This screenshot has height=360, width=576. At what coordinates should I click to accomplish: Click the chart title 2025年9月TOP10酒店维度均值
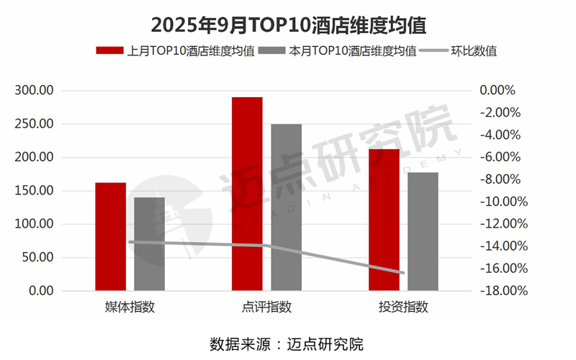pos(288,24)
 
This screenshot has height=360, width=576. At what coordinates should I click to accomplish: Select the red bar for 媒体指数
pos(110,237)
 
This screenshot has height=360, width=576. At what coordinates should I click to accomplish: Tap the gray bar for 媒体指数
pos(149,244)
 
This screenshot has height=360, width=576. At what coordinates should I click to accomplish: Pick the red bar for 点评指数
pos(247,194)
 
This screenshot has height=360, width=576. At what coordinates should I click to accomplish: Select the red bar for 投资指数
pos(384,220)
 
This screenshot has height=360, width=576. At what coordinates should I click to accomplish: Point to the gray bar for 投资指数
pos(423,231)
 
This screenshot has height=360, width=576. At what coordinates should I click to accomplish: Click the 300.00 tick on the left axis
pos(35,91)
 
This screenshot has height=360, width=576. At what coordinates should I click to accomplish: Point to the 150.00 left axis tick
pos(35,191)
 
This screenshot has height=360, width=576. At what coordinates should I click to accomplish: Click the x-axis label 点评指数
pos(266,308)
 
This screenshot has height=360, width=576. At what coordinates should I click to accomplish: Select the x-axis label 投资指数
pos(403,308)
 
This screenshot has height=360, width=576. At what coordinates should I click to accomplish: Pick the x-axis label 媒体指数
pos(130,308)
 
